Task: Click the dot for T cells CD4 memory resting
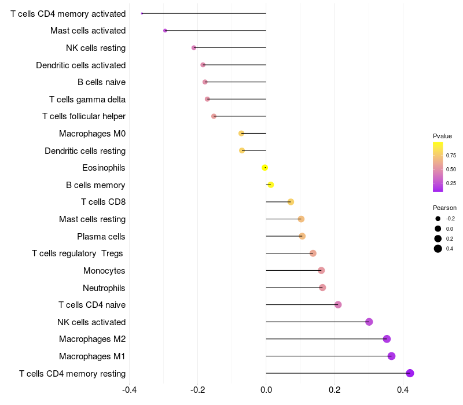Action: point(410,373)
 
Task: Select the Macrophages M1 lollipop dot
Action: point(391,356)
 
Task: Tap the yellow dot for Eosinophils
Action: point(264,168)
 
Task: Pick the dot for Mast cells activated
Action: point(165,31)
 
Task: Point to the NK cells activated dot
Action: point(369,322)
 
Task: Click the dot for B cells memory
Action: point(270,185)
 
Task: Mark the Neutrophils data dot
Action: point(322,288)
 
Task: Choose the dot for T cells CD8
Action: point(291,202)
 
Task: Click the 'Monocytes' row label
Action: point(104,271)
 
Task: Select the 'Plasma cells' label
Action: point(101,237)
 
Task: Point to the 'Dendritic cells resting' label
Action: point(85,151)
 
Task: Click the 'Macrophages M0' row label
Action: point(92,134)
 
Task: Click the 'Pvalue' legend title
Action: point(442,136)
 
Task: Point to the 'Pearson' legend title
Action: point(444,208)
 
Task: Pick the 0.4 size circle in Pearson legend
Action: point(438,249)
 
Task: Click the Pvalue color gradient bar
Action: point(438,167)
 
